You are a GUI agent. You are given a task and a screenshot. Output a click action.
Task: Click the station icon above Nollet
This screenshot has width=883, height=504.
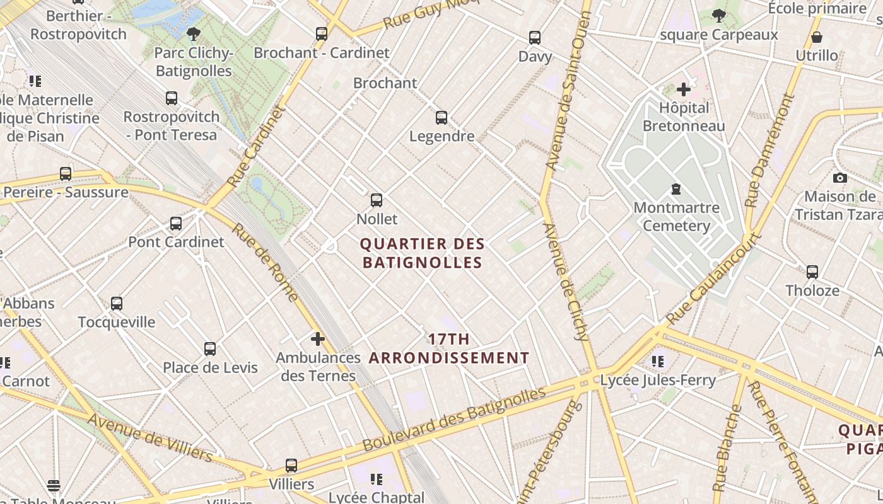tap(377, 200)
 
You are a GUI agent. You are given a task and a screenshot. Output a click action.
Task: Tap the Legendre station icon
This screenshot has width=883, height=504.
tap(441, 118)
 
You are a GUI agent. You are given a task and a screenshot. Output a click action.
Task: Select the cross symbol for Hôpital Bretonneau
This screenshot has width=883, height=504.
tap(684, 89)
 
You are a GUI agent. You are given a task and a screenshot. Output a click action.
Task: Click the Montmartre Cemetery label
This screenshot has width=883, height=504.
tap(676, 217)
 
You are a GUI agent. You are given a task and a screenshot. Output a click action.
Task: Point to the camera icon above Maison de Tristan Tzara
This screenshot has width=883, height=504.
tap(839, 178)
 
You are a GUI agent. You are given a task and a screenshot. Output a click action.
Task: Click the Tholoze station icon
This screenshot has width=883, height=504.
tap(812, 272)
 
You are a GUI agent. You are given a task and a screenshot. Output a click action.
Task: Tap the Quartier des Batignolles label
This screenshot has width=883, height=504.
tap(423, 253)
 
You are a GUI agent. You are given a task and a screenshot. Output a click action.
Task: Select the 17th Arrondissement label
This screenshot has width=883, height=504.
tap(449, 348)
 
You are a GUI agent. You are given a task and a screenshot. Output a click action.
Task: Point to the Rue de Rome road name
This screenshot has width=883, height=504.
tap(265, 263)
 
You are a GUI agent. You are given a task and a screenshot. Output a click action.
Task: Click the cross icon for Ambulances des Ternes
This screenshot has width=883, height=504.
tap(318, 340)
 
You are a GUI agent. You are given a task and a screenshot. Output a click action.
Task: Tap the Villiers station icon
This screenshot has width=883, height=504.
tap(291, 466)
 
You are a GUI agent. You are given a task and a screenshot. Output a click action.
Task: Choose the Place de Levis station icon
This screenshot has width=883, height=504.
tap(210, 349)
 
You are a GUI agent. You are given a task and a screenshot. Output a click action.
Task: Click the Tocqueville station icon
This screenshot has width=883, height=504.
tap(117, 304)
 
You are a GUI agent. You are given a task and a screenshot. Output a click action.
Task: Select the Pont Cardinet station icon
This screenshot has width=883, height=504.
tap(176, 224)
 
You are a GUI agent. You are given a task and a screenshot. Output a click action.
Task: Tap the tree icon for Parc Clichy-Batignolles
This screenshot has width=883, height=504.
tap(194, 34)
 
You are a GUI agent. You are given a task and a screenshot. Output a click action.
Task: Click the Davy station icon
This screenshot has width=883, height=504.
tap(535, 38)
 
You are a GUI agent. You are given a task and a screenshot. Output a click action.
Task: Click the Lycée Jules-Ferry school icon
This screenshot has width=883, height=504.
tap(658, 362)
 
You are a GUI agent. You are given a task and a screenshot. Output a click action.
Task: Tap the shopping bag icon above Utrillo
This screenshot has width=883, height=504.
tap(817, 37)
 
